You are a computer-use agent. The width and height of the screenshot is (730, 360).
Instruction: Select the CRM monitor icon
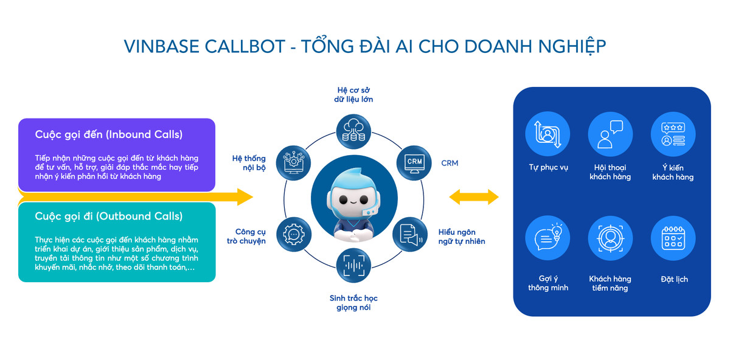414,163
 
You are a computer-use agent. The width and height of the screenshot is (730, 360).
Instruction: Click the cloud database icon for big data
354,130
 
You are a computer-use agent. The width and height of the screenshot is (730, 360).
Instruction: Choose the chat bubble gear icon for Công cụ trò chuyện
294,235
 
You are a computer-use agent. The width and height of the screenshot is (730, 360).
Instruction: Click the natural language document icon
409,235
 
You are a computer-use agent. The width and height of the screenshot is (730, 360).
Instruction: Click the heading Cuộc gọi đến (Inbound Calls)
109,134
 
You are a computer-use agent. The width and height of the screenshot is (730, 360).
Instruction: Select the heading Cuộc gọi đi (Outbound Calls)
109,216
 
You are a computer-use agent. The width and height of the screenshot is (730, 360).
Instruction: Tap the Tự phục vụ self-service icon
547,134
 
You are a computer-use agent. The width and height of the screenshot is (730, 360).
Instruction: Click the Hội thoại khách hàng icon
610,134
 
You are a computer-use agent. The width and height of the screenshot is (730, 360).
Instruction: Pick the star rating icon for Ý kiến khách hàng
673,134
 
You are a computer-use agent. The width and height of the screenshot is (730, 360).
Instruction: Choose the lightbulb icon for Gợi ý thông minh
547,238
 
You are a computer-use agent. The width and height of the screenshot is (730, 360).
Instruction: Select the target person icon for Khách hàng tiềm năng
610,238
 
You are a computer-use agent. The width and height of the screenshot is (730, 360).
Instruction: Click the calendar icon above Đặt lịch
673,238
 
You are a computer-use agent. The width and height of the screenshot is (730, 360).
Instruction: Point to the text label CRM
450,163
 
